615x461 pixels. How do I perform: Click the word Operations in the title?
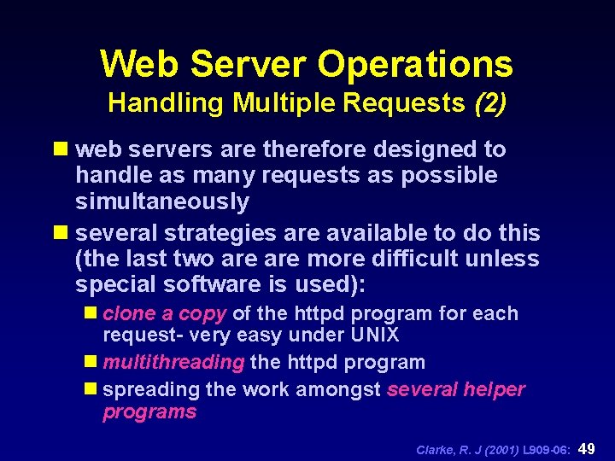415,64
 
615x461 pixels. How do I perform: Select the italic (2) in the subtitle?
489,104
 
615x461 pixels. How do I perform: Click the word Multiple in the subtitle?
286,104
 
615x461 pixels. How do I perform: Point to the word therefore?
315,149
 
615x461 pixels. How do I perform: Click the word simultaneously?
162,202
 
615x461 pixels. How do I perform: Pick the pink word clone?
129,313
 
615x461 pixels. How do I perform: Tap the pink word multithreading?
173,362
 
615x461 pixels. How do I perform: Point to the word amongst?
340,390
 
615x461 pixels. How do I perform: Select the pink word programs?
149,412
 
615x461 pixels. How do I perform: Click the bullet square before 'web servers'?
62,149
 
